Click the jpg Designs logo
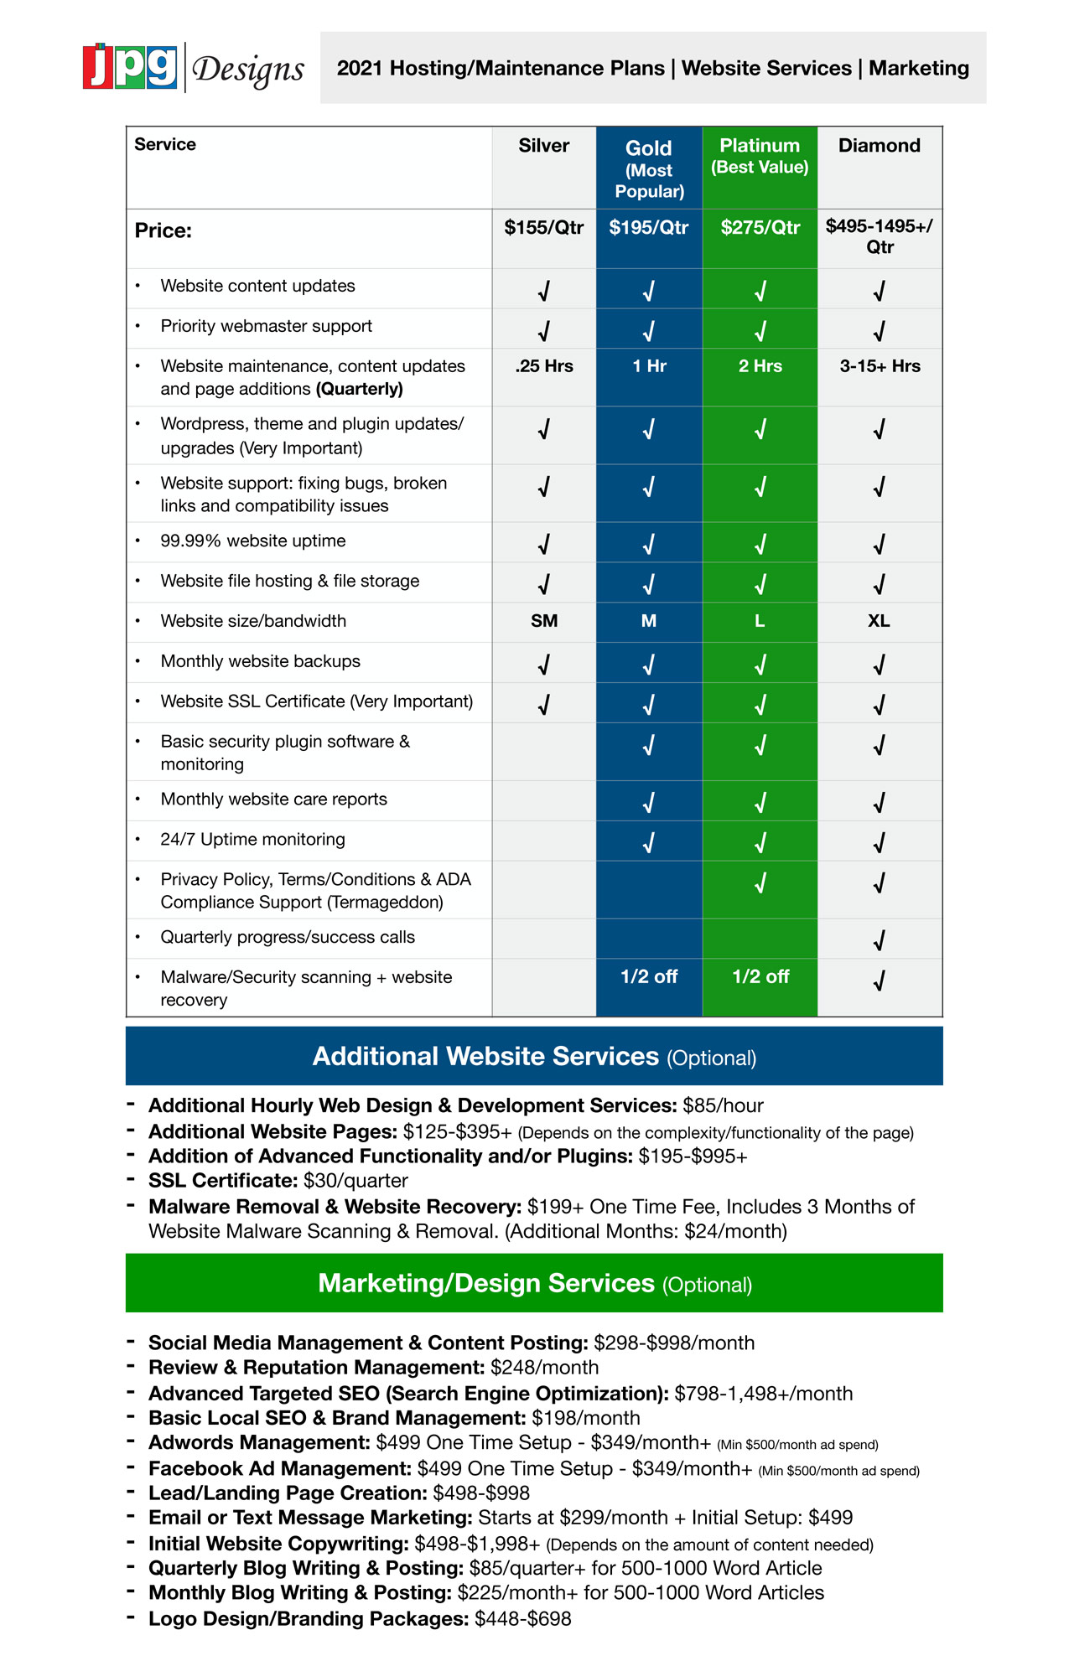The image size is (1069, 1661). pos(194,67)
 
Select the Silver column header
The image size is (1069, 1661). pos(543,146)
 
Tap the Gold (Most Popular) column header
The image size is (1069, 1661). pos(649,168)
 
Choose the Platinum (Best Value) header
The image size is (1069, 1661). pos(760,156)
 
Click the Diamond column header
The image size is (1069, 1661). pos(879,146)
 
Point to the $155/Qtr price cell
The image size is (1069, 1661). pos(543,227)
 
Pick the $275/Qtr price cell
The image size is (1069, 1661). pos(760,227)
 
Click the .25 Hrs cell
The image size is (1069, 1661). pos(544,366)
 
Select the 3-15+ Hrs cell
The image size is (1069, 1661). pos(880,366)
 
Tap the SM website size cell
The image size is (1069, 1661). pos(544,621)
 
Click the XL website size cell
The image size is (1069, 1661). pos(879,621)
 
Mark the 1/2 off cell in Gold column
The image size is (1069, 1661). pos(649,976)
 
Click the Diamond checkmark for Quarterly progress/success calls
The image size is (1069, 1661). pos(879,940)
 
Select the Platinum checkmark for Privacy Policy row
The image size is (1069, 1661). pos(760,883)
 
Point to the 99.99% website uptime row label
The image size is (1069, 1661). pos(252,541)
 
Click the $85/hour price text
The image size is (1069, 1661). pos(723,1106)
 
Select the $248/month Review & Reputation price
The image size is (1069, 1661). pos(544,1368)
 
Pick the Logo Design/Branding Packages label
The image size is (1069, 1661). pos(308,1618)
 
